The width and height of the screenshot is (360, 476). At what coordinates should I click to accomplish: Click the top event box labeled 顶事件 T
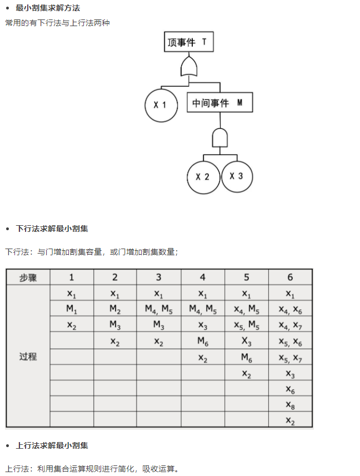[x=189, y=42]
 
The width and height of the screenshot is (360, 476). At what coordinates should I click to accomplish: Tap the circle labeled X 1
[x=161, y=105]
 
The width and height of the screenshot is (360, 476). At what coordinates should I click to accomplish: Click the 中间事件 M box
[x=219, y=103]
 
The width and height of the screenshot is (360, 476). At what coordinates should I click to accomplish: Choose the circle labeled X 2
[x=203, y=177]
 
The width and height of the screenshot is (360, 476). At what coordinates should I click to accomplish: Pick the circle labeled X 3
[x=237, y=176]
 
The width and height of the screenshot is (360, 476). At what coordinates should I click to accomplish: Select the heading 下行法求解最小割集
[x=52, y=229]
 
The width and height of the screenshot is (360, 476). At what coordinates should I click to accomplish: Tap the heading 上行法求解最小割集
[x=52, y=445]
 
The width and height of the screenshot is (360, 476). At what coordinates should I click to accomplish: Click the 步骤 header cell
[x=28, y=277]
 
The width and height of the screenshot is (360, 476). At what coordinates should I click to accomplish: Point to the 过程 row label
[x=28, y=356]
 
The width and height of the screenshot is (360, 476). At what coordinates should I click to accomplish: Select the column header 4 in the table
[x=203, y=277]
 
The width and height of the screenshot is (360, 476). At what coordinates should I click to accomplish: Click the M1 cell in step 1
[x=72, y=309]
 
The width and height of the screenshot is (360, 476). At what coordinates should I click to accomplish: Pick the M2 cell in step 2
[x=115, y=309]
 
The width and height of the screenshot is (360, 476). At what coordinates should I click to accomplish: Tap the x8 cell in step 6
[x=290, y=405]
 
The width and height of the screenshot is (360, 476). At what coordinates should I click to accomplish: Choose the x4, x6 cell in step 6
[x=290, y=309]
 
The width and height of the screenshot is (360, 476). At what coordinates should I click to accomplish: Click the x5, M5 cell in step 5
[x=247, y=325]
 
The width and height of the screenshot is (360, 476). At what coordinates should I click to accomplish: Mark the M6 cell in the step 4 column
[x=203, y=341]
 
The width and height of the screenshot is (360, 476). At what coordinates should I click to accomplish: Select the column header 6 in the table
[x=290, y=277]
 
